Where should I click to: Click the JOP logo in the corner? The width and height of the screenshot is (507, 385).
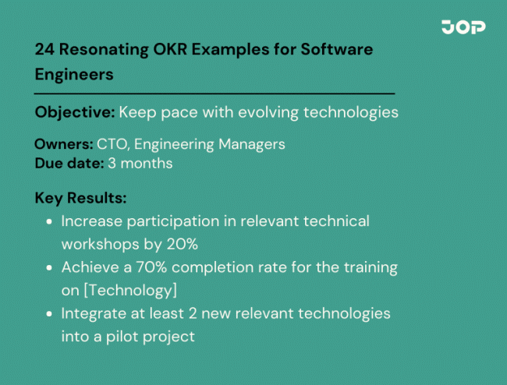point(463,27)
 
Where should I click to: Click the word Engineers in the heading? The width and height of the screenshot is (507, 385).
point(74,74)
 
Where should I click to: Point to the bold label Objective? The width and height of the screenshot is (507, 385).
point(75,112)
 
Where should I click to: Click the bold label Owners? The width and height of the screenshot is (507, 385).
point(63,144)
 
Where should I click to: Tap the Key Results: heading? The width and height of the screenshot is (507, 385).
point(80,198)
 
